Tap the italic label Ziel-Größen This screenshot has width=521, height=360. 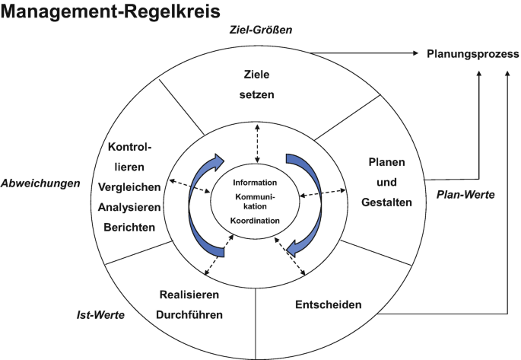261,30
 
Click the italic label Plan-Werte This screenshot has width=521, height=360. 465,195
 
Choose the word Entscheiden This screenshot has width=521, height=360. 327,305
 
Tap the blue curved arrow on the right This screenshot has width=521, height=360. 308,202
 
